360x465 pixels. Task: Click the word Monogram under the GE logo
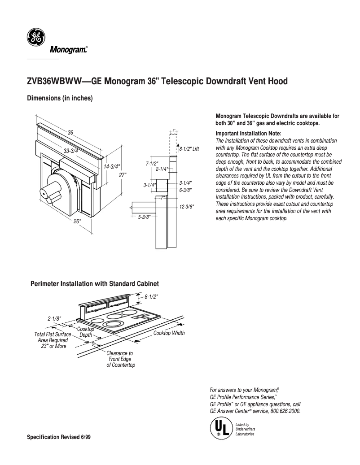(67, 50)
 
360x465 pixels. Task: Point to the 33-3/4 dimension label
(70, 151)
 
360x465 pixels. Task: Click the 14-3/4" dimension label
(112, 167)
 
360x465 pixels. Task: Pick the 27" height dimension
(123, 175)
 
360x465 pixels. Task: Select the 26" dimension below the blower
(77, 222)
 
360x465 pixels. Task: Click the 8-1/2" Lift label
(189, 148)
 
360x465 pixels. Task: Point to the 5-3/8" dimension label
(144, 217)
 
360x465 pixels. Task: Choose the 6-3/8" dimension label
(185, 190)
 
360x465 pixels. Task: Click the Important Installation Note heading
(248, 134)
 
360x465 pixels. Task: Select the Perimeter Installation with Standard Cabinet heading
(94, 284)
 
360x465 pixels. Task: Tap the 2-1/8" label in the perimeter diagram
(54, 318)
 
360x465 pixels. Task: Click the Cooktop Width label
(169, 333)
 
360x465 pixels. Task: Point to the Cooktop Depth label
(85, 332)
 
